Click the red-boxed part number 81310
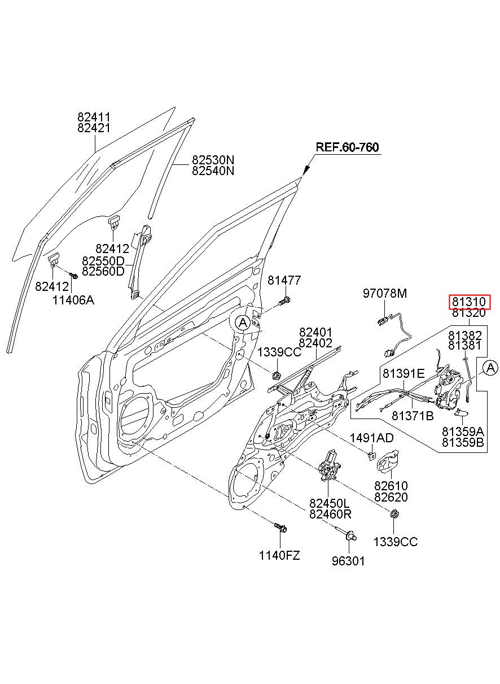[x=468, y=302]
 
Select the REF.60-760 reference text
[x=347, y=147]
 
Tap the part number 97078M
[x=385, y=294]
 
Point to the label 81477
[x=284, y=280]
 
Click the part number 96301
[x=348, y=561]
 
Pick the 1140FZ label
[x=279, y=555]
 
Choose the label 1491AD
[x=371, y=438]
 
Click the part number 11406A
[x=73, y=300]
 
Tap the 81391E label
[x=403, y=373]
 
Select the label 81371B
[x=413, y=416]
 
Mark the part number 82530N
[x=213, y=160]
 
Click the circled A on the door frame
[x=243, y=323]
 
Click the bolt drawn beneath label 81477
[x=284, y=301]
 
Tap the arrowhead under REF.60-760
[x=306, y=170]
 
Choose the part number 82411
[x=94, y=117]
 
